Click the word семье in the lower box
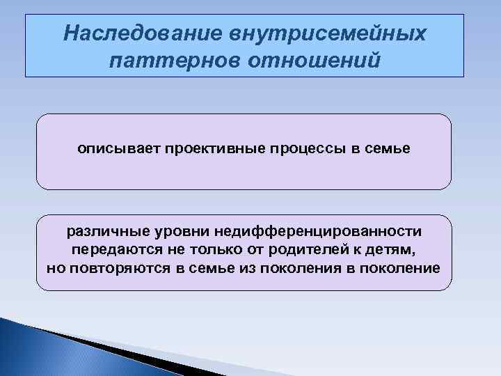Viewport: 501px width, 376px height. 208,268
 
